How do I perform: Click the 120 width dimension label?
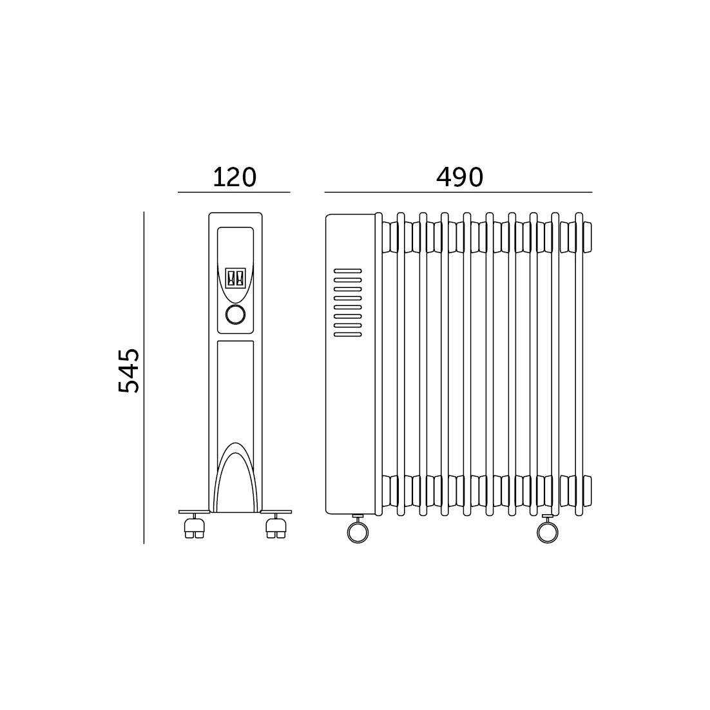pos(235,177)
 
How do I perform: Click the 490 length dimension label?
pos(459,177)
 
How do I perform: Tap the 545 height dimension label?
pos(129,370)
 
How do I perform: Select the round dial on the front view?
pos(235,314)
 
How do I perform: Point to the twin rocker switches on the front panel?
pos(235,278)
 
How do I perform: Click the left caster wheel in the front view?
pos(195,528)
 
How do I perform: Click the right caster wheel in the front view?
pos(276,528)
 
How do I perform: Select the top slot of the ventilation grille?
pos(348,271)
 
